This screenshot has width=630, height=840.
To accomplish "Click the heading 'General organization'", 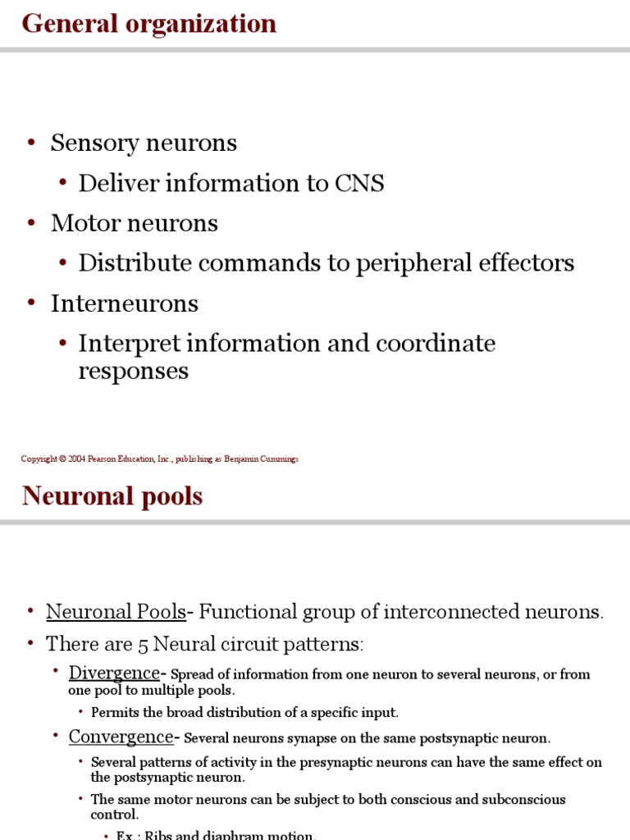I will pyautogui.click(x=148, y=24).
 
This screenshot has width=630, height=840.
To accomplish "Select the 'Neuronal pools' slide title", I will pyautogui.click(x=112, y=495).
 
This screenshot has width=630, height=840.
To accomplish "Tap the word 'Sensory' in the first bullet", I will pyautogui.click(x=95, y=143).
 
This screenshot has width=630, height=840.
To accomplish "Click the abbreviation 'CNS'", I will pyautogui.click(x=359, y=183).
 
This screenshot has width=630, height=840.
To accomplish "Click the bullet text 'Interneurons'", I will pyautogui.click(x=125, y=304).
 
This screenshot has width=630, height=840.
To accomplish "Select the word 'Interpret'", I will pyautogui.click(x=130, y=344).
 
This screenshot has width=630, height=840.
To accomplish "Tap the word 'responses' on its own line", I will pyautogui.click(x=133, y=371).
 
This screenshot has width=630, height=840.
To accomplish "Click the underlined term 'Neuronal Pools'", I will pyautogui.click(x=116, y=612).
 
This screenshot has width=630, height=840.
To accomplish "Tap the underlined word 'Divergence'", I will pyautogui.click(x=114, y=673).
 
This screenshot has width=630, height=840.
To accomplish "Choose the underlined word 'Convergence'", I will pyautogui.click(x=121, y=737).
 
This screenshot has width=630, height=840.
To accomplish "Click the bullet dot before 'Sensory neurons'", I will pyautogui.click(x=31, y=143).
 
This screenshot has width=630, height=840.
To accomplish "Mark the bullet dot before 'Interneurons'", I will pyautogui.click(x=31, y=304).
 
